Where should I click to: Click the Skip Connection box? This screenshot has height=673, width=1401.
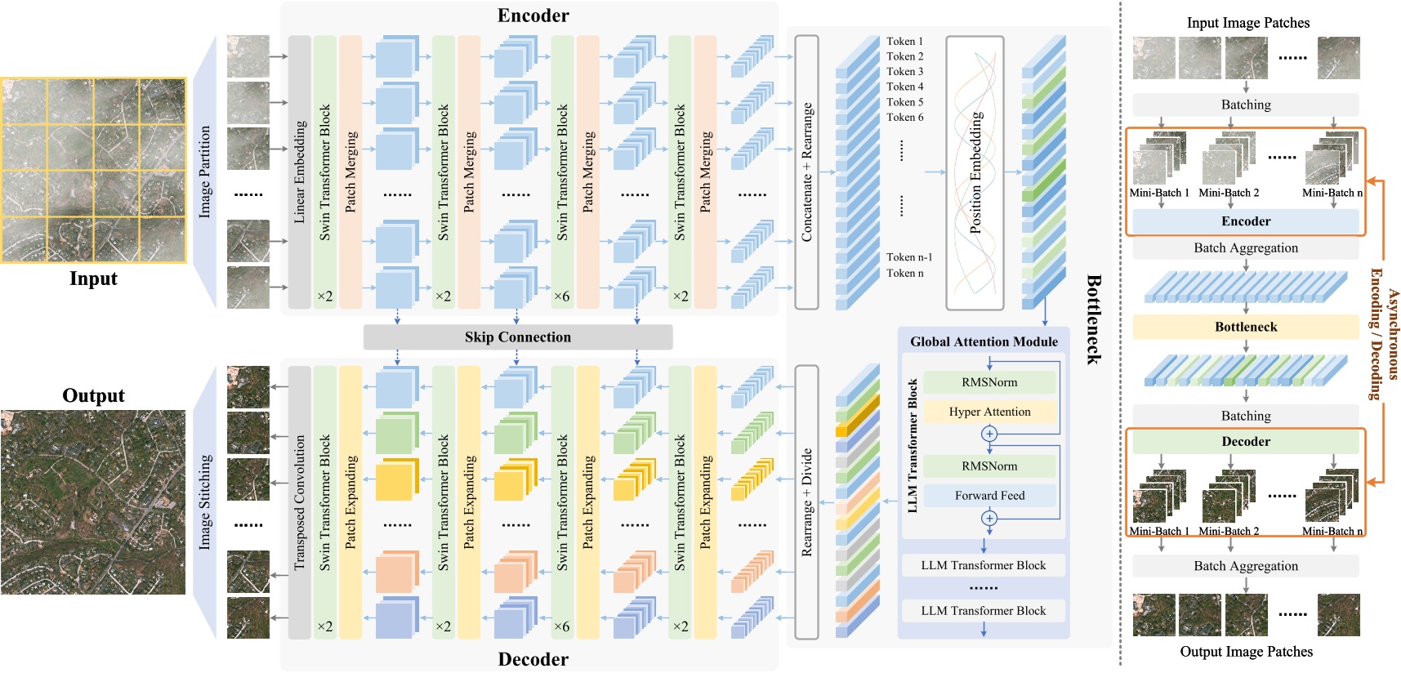pyautogui.click(x=518, y=337)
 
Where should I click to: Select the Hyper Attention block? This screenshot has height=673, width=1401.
pyautogui.click(x=989, y=412)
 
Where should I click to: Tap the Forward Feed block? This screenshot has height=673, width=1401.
pyautogui.click(x=989, y=496)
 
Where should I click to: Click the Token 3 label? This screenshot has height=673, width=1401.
pyautogui.click(x=904, y=72)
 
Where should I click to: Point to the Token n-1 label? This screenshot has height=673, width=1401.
pyautogui.click(x=908, y=257)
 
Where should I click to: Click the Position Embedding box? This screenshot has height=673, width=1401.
pyautogui.click(x=975, y=173)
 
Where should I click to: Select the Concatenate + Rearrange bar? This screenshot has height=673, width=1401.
pyautogui.click(x=806, y=172)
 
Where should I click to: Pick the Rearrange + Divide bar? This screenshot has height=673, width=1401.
pyautogui.click(x=806, y=502)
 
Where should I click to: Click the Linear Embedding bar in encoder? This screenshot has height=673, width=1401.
pyautogui.click(x=300, y=172)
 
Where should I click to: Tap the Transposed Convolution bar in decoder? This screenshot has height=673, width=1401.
pyautogui.click(x=300, y=502)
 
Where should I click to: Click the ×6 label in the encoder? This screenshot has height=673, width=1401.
pyautogui.click(x=562, y=296)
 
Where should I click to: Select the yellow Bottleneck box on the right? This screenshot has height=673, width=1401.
pyautogui.click(x=1245, y=327)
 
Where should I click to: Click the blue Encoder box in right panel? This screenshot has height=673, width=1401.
pyautogui.click(x=1245, y=221)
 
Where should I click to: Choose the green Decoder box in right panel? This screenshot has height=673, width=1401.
pyautogui.click(x=1245, y=442)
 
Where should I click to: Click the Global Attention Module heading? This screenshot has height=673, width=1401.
pyautogui.click(x=984, y=341)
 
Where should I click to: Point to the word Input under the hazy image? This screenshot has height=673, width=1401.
pyautogui.click(x=93, y=279)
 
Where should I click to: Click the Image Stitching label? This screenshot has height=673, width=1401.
pyautogui.click(x=205, y=502)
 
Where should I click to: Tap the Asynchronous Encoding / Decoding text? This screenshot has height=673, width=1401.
pyautogui.click(x=1385, y=334)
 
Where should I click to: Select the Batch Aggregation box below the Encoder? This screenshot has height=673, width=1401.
pyautogui.click(x=1245, y=248)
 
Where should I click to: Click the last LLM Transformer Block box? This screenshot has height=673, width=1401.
pyautogui.click(x=983, y=611)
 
